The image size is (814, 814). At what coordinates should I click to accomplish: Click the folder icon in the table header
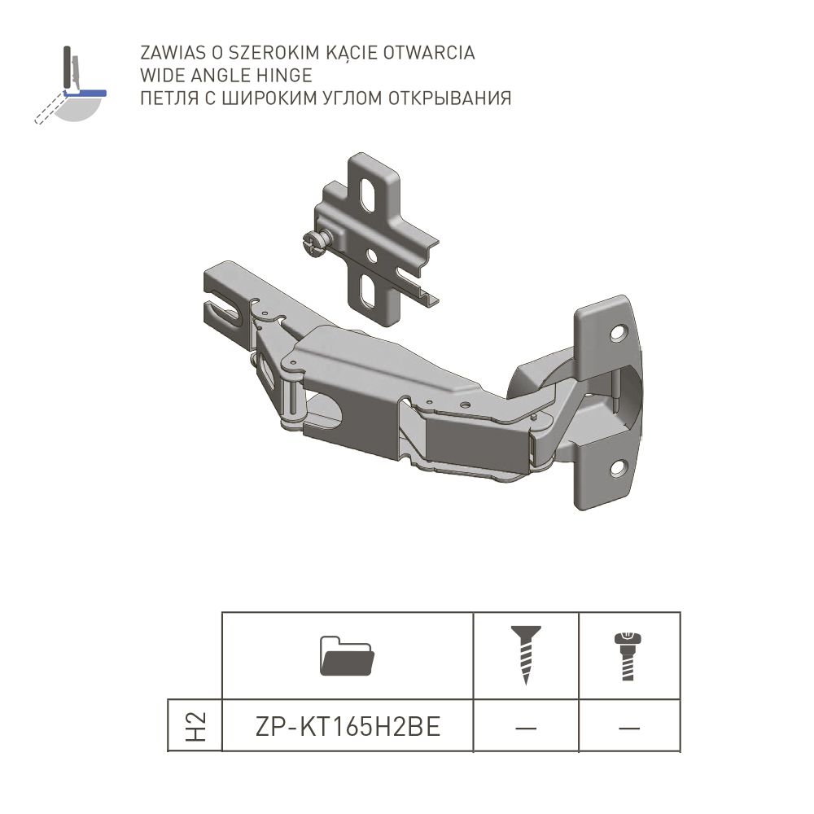[x=347, y=655]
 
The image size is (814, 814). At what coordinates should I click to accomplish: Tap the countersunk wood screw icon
[x=526, y=654]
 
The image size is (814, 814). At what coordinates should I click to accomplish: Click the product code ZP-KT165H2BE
[x=348, y=726]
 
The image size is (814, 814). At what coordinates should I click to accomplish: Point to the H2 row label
[x=195, y=726]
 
